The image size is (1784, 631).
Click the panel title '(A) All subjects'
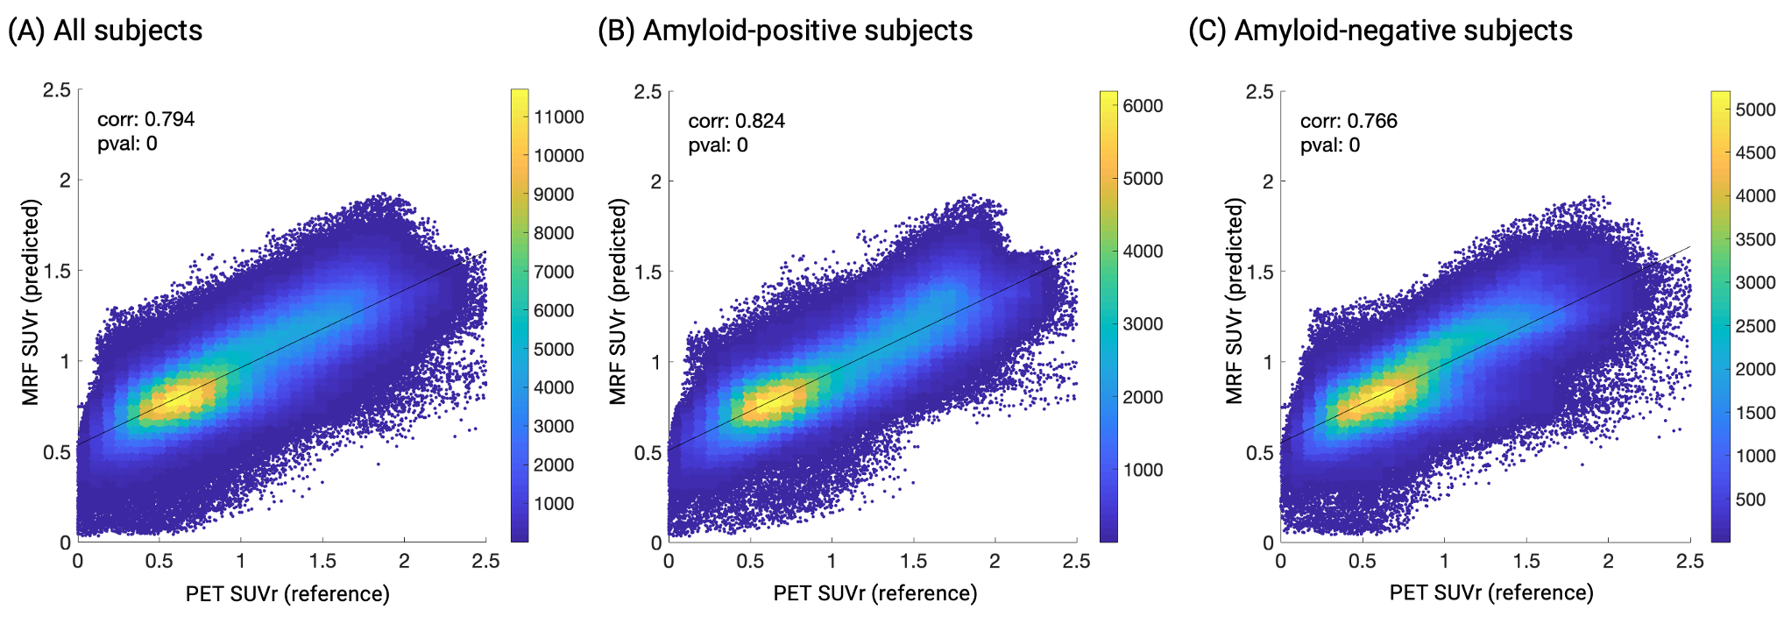[x=105, y=31]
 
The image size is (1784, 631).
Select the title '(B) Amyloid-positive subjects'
[x=785, y=31]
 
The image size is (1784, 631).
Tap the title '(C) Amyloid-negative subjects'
[x=1380, y=31]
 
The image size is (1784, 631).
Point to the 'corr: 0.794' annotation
[x=145, y=119]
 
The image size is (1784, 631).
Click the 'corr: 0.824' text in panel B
[x=736, y=121]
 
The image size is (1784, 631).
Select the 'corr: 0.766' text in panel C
[x=1349, y=121]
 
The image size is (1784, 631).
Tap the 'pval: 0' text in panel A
[x=127, y=144]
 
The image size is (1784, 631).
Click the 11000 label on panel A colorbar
[x=559, y=117]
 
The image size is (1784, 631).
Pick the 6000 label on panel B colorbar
[x=1143, y=106]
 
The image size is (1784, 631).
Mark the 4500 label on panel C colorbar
[x=1755, y=152]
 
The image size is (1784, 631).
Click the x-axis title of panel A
[x=287, y=593]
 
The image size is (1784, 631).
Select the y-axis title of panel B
[x=619, y=301]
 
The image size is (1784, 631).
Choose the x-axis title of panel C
[x=1491, y=592]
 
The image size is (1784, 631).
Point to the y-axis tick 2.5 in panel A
[x=57, y=90]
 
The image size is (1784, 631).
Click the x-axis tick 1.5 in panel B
[x=913, y=561]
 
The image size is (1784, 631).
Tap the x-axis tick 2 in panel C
[x=1608, y=561]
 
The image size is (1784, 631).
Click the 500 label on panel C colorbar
[x=1750, y=500]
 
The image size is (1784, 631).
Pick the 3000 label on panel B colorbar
[x=1143, y=324]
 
